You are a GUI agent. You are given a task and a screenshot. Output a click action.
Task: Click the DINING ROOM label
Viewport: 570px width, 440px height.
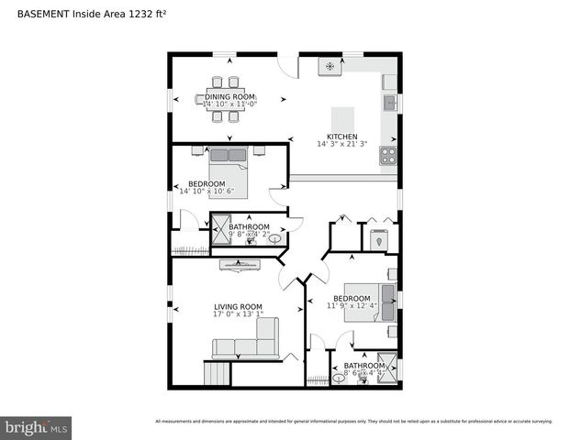pos(229,96)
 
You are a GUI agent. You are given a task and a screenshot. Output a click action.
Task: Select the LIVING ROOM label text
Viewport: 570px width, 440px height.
pos(238,307)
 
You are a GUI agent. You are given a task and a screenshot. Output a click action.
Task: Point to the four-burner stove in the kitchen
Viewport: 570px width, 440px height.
pos(388,155)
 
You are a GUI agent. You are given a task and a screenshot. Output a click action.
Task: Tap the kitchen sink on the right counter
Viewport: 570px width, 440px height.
pos(390,102)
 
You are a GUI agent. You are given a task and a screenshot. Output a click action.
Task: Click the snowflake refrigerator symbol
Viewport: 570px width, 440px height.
pos(330,66)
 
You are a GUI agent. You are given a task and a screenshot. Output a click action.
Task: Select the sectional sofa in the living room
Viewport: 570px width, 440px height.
pos(246,345)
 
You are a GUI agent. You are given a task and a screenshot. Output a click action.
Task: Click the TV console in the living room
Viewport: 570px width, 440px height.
pos(239,265)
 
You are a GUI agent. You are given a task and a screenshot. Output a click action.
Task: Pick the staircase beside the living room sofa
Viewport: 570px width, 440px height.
pos(218,373)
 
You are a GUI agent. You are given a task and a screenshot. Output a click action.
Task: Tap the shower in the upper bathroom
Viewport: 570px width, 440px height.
pos(220,229)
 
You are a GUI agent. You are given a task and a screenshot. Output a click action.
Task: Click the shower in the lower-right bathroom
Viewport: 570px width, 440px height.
pos(387,367)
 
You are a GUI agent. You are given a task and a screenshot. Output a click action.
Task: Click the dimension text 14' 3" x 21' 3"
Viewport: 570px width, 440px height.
pos(342,144)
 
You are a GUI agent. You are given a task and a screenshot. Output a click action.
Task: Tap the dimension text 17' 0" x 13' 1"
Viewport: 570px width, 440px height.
pos(238,314)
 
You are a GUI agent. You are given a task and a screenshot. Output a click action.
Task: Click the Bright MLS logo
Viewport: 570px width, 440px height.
pos(37,427)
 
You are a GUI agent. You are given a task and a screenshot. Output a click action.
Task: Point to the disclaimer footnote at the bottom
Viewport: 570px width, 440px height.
pos(353,422)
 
